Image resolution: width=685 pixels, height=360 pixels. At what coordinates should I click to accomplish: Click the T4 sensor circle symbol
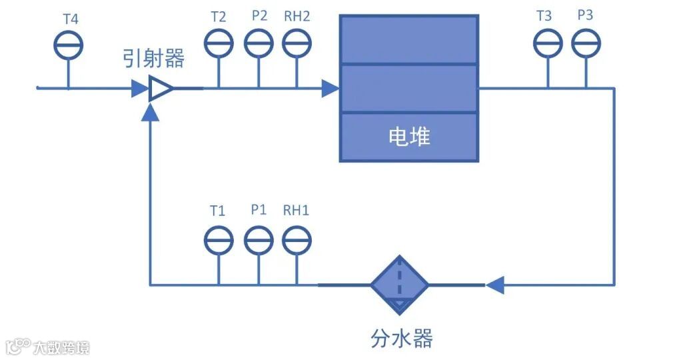coord(68,45)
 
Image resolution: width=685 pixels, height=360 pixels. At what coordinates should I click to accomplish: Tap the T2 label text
coord(219,17)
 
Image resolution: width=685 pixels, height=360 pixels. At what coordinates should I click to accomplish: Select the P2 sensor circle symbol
coord(259,44)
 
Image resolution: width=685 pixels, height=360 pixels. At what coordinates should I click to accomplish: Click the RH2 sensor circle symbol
coord(297,44)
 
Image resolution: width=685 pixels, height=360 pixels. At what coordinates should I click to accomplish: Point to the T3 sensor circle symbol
coord(548,44)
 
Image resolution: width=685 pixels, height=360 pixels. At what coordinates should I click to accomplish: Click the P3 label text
coord(585,15)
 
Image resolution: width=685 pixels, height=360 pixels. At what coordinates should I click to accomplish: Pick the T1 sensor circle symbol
coord(218,240)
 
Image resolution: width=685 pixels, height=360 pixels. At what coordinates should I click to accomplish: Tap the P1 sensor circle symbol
coord(259,240)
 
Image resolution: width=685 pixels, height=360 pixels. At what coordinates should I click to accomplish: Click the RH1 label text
coord(297,211)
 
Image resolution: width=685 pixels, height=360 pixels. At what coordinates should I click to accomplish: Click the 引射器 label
coord(153,59)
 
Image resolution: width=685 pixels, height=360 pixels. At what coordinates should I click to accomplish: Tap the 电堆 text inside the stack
coord(409,137)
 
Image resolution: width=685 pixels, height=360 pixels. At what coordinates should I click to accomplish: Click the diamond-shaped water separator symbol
coord(399,285)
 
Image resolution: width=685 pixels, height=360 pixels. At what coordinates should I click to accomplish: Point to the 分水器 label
coord(401,338)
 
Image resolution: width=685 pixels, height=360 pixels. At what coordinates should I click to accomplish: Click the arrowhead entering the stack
coord(331,88)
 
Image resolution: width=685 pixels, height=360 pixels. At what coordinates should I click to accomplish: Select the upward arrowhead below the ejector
coord(151,113)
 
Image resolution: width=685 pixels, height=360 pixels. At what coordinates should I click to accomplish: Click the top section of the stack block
coord(409,40)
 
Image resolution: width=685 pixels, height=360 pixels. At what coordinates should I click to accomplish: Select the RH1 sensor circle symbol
coord(297,240)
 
